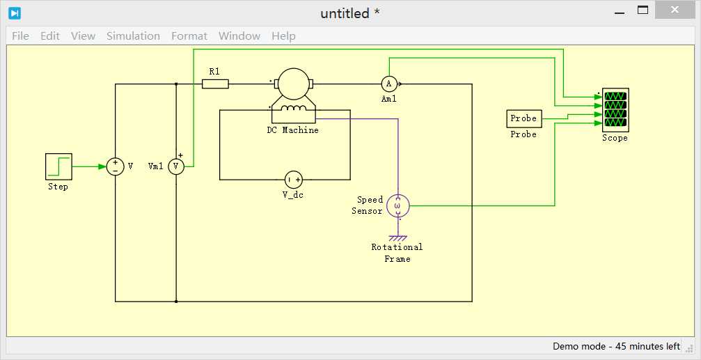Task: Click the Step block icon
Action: pyautogui.click(x=58, y=167)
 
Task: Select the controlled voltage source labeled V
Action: pyautogui.click(x=115, y=167)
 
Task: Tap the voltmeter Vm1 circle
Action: pyautogui.click(x=175, y=167)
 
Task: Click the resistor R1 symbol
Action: pyautogui.click(x=215, y=84)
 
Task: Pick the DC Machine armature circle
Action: pyautogui.click(x=293, y=84)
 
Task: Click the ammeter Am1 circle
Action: pyautogui.click(x=389, y=84)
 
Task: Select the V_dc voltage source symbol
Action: pyautogui.click(x=293, y=180)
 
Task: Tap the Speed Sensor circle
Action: pyautogui.click(x=397, y=206)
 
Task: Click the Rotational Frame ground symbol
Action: pyautogui.click(x=397, y=238)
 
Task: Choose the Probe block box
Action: pyautogui.click(x=523, y=119)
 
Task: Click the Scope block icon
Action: pyautogui.click(x=615, y=109)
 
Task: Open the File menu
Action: pyautogui.click(x=21, y=36)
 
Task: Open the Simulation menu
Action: pyautogui.click(x=133, y=36)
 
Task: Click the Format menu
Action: pyautogui.click(x=189, y=36)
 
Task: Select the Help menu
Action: pyautogui.click(x=283, y=36)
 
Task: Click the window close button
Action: pyautogui.click(x=675, y=10)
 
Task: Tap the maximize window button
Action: pyautogui.click(x=643, y=10)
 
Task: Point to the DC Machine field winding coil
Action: pyautogui.click(x=293, y=108)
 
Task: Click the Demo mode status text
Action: pyautogui.click(x=617, y=346)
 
